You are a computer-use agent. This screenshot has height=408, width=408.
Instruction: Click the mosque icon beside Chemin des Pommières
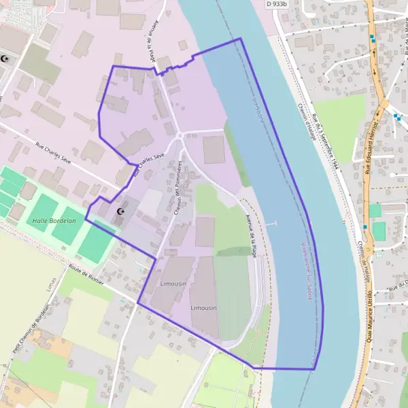tap(122, 213)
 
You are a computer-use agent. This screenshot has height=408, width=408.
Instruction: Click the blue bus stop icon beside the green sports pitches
tap(365, 226)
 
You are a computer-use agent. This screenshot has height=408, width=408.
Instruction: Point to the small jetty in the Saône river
tap(271, 223)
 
